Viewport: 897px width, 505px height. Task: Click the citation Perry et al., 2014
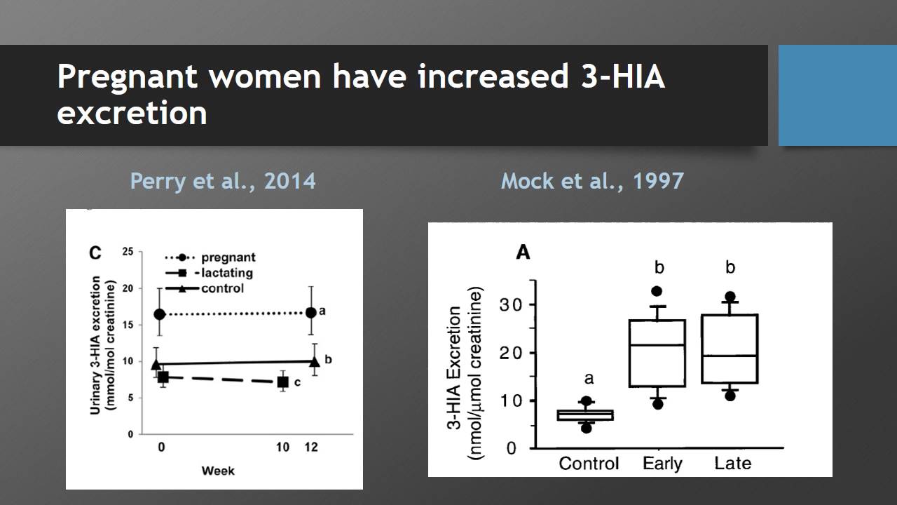coord(223,181)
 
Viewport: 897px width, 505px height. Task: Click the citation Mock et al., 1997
coord(592,181)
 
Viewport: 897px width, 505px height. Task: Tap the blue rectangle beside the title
coord(837,95)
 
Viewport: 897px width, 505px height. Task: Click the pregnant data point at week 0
coord(160,314)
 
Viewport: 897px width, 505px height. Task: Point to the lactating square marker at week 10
coord(282,382)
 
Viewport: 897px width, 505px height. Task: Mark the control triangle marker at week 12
coord(314,361)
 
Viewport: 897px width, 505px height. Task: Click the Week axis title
coord(218,470)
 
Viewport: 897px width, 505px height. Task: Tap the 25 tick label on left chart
coord(128,252)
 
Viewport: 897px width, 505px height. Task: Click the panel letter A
coord(523,252)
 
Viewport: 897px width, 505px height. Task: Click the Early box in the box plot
coord(657,353)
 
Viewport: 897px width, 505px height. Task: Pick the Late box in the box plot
coord(730,349)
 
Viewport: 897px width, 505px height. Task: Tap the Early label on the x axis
coord(662,464)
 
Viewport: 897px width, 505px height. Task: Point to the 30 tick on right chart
coord(512,304)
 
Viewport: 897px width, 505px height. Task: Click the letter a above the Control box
coord(589,379)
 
